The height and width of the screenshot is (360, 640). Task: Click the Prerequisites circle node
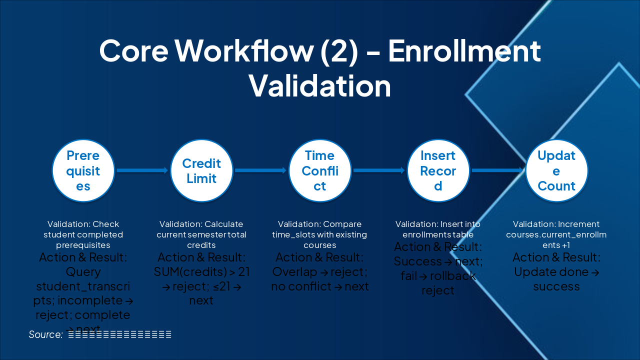pyautogui.click(x=83, y=171)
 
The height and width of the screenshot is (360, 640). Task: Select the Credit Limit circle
pyautogui.click(x=201, y=171)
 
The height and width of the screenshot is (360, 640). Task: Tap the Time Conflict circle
pyautogui.click(x=320, y=171)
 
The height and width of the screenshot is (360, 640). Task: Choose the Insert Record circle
pyautogui.click(x=438, y=171)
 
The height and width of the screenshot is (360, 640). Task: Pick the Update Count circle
pyautogui.click(x=556, y=171)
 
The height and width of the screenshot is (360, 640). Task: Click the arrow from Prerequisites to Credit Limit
pyautogui.click(x=142, y=170)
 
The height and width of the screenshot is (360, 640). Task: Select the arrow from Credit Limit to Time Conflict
pyautogui.click(x=260, y=170)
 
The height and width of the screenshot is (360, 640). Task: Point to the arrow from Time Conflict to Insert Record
pyautogui.click(x=379, y=170)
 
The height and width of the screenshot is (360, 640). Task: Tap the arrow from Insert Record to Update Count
pyautogui.click(x=497, y=170)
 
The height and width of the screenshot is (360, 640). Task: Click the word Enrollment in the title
pyautogui.click(x=464, y=50)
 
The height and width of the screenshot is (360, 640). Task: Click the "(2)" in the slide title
pyautogui.click(x=334, y=50)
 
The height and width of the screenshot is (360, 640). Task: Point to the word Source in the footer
pyautogui.click(x=45, y=334)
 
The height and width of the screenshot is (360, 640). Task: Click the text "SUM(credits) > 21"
pyautogui.click(x=201, y=272)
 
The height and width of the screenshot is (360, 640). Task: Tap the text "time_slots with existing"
pyautogui.click(x=319, y=234)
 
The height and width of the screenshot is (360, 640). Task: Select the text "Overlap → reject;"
pyautogui.click(x=319, y=272)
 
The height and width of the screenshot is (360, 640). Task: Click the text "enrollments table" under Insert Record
pyautogui.click(x=438, y=234)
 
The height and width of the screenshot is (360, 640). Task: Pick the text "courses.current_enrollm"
pyautogui.click(x=556, y=234)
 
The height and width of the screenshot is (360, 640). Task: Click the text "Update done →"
pyautogui.click(x=556, y=272)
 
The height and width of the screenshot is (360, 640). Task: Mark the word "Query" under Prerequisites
pyautogui.click(x=83, y=272)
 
